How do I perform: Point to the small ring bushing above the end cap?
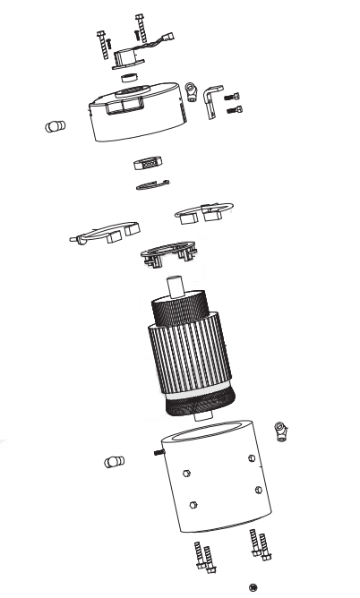click(129, 78)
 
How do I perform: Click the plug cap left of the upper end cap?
click(56, 126)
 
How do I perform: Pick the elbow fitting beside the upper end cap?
click(192, 90)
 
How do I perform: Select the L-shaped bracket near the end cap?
click(211, 99)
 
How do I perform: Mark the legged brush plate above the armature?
click(168, 254)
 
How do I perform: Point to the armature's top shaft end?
click(176, 289)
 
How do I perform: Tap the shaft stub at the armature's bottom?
click(201, 417)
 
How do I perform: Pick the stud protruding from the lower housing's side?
click(159, 453)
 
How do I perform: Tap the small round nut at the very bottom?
click(253, 586)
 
